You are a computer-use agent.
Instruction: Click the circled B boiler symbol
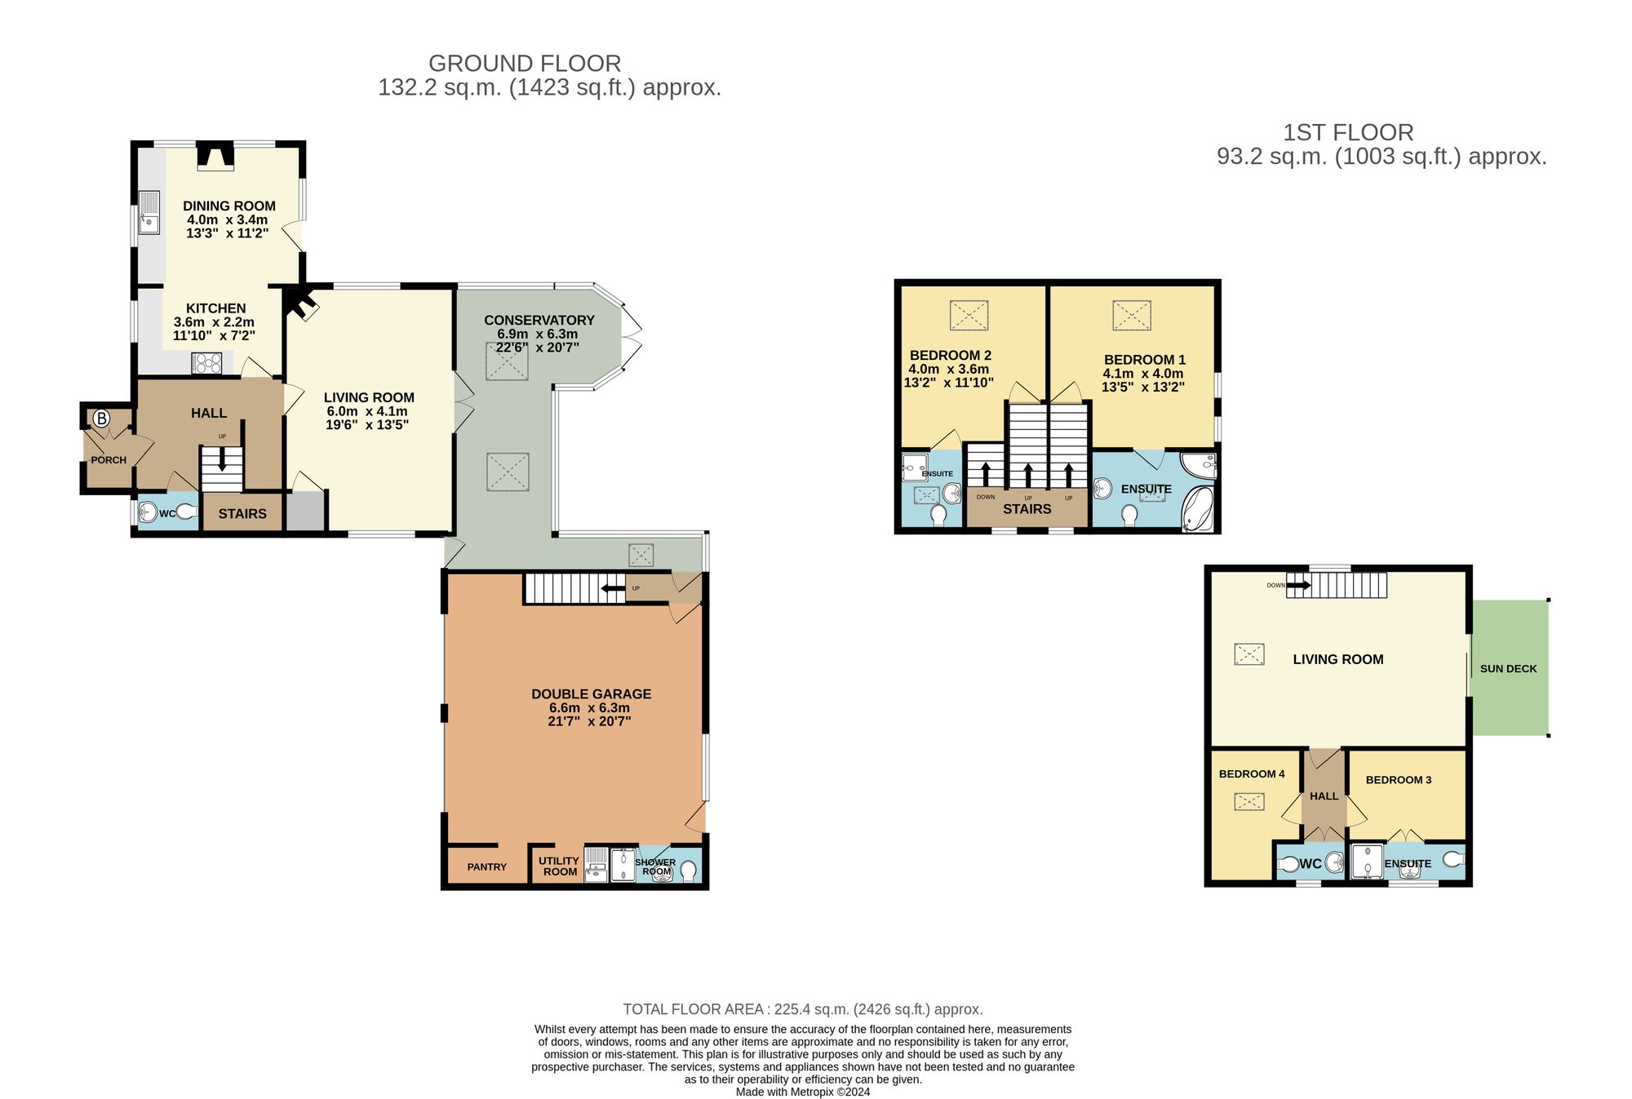coord(100,419)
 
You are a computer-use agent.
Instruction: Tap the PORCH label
coord(109,460)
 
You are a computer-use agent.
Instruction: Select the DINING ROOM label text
coord(228,206)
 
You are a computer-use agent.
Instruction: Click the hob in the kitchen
coord(206,362)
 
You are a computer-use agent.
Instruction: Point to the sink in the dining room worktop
coord(149,211)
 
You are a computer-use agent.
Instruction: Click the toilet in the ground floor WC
coord(187,512)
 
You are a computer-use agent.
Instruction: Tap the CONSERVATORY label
coord(539,320)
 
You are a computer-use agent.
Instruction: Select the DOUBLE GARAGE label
coord(591,694)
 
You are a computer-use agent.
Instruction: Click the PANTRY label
coord(486,866)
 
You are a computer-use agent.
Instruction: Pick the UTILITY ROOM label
coord(559,866)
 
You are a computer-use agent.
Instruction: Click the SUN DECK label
coord(1508,668)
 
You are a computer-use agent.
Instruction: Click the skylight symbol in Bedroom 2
coord(969,315)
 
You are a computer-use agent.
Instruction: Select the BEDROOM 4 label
coord(1251,773)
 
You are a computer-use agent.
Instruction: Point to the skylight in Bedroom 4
coord(1248,801)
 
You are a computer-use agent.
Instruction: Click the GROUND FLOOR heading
coord(525,64)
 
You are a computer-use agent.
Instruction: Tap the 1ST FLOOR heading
coord(1348,132)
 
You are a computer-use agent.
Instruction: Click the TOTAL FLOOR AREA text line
coord(802,1009)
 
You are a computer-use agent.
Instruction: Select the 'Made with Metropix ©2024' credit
coord(802,1092)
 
